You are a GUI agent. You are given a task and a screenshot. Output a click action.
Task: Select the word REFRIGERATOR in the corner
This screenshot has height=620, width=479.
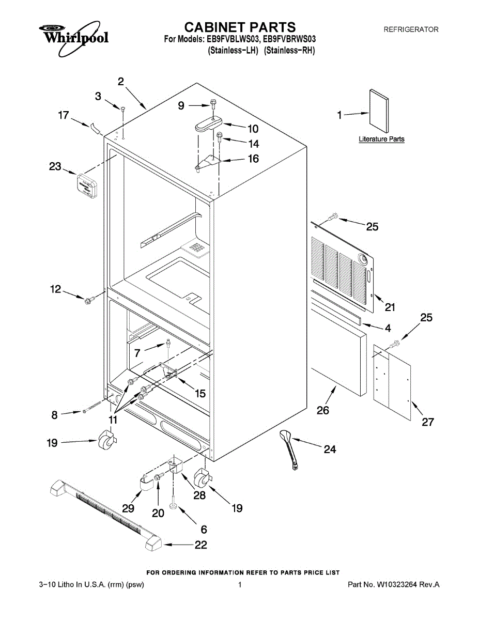click(411, 30)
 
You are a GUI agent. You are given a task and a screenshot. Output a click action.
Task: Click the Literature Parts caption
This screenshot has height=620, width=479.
click(382, 139)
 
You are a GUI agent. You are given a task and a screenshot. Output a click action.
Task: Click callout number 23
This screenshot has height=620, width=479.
click(55, 167)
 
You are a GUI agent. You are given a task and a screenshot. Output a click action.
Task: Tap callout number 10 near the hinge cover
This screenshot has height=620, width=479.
click(253, 129)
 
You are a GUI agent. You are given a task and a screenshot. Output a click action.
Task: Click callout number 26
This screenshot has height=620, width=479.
click(323, 411)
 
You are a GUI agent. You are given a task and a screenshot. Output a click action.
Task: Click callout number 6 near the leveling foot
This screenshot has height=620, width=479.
click(204, 529)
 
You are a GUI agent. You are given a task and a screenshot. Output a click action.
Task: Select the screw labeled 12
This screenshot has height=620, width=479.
click(88, 299)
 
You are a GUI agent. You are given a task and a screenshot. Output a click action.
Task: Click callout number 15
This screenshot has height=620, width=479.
click(199, 393)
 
